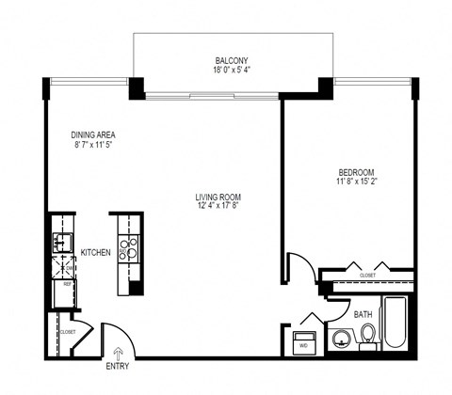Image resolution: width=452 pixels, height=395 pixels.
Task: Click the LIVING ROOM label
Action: point(218,197)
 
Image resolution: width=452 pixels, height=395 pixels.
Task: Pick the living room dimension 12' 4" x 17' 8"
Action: point(218,207)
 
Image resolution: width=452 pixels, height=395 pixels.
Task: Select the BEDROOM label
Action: point(357,172)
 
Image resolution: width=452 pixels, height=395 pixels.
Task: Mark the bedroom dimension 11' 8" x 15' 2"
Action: point(357,182)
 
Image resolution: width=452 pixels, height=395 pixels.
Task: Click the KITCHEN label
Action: point(96,252)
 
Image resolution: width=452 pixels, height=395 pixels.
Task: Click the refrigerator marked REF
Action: point(63,289)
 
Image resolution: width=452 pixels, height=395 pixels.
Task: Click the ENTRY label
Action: point(118,366)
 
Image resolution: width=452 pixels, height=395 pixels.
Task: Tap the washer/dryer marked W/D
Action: point(304,340)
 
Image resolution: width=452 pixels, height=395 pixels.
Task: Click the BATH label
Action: point(363,315)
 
